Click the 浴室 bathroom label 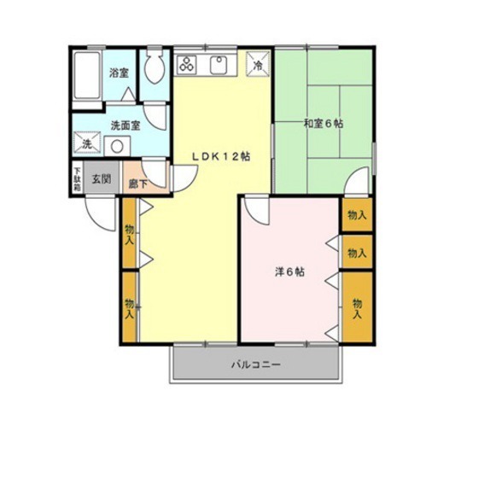(119, 73)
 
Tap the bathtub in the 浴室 (86, 78)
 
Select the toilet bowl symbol (154, 69)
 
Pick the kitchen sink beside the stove (218, 64)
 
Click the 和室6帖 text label (324, 123)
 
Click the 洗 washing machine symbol (87, 145)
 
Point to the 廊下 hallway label (137, 181)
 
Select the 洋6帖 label (289, 272)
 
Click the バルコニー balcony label (256, 365)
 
